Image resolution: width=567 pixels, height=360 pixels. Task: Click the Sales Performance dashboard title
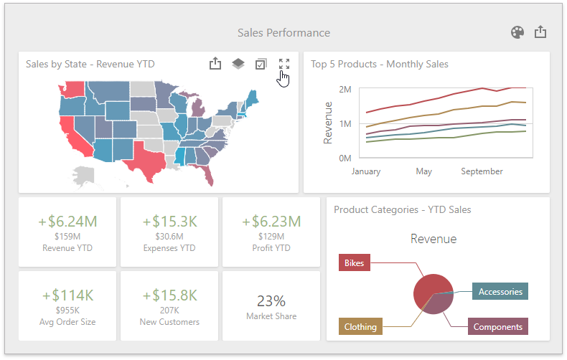(x=283, y=33)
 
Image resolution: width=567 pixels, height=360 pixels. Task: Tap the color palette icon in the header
(x=517, y=32)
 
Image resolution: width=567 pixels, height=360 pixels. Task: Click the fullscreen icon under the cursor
(x=284, y=64)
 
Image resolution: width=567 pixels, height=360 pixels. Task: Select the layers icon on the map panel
(x=238, y=64)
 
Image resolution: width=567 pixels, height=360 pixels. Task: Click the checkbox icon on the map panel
(x=261, y=64)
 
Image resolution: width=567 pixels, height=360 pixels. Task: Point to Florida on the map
(x=207, y=172)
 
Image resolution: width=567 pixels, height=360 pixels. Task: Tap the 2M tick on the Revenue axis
(x=344, y=90)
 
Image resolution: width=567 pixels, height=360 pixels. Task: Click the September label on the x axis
(x=482, y=171)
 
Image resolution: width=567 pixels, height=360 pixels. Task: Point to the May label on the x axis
(x=423, y=171)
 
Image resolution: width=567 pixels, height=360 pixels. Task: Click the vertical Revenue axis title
(x=328, y=123)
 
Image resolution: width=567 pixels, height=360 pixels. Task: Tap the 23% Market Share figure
(x=271, y=300)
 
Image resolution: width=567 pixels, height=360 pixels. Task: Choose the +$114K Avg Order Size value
(x=67, y=295)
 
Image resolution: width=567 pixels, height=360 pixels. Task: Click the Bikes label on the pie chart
(x=354, y=263)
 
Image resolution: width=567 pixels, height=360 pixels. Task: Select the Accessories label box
(x=500, y=291)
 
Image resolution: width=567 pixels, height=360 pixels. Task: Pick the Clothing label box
(x=360, y=327)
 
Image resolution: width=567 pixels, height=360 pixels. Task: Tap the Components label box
(x=497, y=327)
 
